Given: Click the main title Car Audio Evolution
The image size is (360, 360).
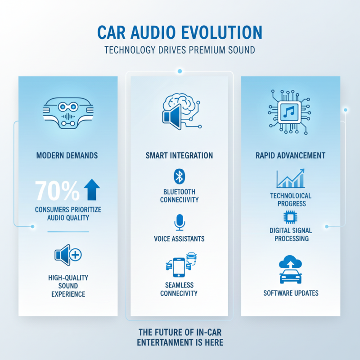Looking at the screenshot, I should click(180, 33).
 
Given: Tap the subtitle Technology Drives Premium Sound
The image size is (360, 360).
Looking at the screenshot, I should click(180, 49).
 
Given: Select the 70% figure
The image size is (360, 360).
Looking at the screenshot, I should click(57, 190).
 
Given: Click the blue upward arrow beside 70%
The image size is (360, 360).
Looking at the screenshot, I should click(92, 189).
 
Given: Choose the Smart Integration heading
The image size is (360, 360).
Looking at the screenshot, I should click(180, 156).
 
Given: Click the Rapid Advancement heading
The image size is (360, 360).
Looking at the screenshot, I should click(290, 156).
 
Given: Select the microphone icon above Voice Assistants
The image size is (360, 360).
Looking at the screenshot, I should click(179, 222).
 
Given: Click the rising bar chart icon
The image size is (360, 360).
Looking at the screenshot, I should click(290, 178).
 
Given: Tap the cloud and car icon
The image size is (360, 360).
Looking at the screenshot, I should click(291, 270).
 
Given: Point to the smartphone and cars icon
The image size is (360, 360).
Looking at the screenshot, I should click(180, 265).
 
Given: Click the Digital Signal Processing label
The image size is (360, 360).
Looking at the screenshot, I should click(291, 234).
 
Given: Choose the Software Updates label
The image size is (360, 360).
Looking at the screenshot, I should click(291, 293).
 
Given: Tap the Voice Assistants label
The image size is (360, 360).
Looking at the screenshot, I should click(179, 238).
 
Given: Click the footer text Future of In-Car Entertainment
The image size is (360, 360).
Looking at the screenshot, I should click(180, 337).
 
